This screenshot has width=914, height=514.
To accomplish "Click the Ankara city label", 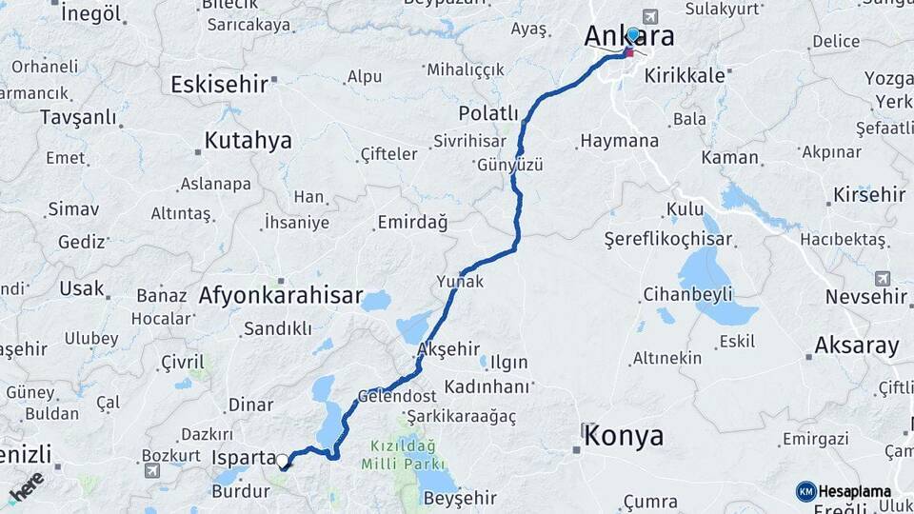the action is point(628,37).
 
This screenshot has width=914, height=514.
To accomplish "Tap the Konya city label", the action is point(624,437).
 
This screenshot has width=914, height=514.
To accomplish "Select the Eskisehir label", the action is point(219,85).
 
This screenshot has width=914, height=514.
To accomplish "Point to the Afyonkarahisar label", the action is point(280,296).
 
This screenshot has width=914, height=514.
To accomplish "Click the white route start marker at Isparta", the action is point(283,462).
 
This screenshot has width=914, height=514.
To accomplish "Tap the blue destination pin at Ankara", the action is point(633,35).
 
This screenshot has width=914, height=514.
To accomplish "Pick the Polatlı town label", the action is point(487,113).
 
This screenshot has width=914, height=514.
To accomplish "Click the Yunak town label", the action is point(460,282).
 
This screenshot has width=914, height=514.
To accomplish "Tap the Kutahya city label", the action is point(248,142).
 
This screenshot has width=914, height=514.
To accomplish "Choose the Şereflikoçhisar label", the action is point(668,241).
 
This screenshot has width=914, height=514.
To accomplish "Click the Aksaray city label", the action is point(857,346).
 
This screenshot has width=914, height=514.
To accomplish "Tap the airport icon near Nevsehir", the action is point(882,278).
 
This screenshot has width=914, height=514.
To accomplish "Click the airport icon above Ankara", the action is point(651,15).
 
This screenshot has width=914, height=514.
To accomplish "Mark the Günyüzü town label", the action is point(511,165).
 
